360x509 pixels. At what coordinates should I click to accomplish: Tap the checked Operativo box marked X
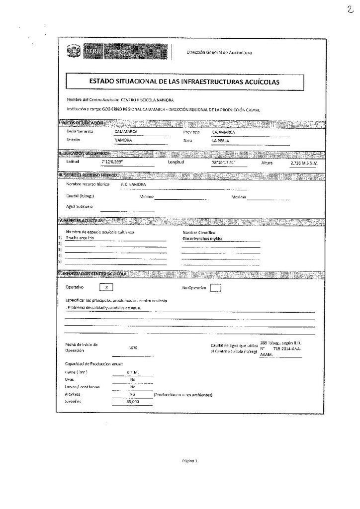click(106, 287)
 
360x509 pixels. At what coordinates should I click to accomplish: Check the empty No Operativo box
click(215, 288)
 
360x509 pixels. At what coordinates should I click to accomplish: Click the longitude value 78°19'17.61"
click(223, 163)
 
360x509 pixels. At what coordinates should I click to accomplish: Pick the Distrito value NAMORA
click(123, 141)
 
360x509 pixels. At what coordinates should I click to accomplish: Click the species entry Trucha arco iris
click(80, 238)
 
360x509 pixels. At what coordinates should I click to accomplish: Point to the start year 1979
click(133, 347)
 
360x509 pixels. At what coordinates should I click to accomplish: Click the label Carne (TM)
click(76, 371)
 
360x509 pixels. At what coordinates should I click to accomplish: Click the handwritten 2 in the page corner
click(351, 8)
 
